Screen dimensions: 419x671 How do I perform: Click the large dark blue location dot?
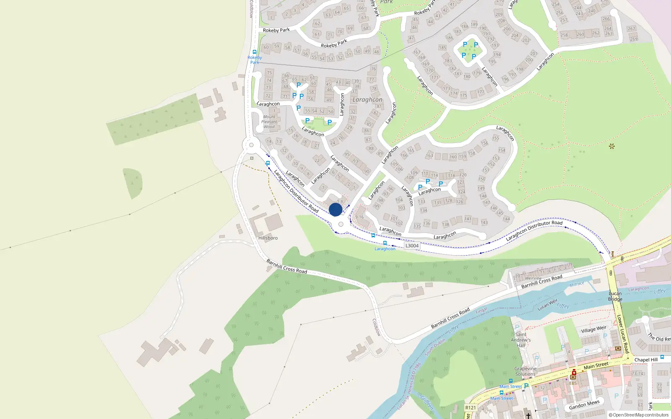click(335, 209)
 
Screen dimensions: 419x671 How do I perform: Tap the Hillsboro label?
click(268, 238)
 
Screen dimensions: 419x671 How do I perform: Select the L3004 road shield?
click(412, 246)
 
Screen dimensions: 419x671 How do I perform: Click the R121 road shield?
click(471, 408)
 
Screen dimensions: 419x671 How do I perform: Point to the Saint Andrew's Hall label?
click(521, 340)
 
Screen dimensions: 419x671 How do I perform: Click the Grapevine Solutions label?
click(525, 371)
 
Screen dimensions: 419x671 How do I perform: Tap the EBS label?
click(573, 383)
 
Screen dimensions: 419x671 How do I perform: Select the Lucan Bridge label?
click(615, 296)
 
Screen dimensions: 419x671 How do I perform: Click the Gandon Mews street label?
click(584, 405)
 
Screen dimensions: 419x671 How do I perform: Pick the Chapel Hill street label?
click(646, 360)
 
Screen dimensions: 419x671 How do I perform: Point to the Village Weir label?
click(594, 329)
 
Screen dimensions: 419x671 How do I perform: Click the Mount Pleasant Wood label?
click(269, 122)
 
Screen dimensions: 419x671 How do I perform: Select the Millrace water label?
click(577, 285)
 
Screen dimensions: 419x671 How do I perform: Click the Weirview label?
click(533, 278)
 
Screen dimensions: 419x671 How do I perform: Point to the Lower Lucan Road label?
click(622, 334)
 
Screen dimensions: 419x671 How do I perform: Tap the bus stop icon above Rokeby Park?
click(255, 52)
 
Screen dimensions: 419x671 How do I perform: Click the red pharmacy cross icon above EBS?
click(574, 372)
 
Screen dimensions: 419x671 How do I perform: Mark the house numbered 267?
click(632, 29)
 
